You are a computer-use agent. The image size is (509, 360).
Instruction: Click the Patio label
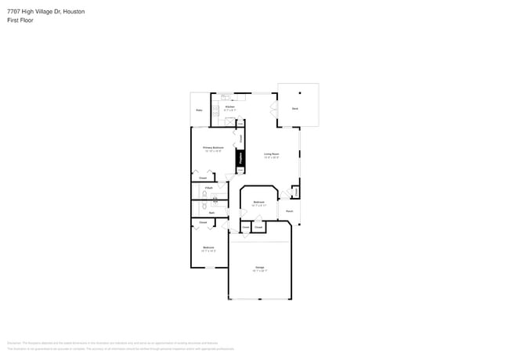[199, 110]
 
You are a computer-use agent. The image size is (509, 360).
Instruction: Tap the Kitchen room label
[229, 106]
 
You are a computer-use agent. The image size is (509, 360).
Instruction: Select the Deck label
[294, 107]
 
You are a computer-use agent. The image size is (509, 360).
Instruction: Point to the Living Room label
[272, 154]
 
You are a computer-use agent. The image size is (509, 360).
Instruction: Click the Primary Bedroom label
[214, 147]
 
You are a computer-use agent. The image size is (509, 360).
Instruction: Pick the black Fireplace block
[240, 157]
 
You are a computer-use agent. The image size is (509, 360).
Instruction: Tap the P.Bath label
[209, 188]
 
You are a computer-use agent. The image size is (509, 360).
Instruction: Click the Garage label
[259, 267]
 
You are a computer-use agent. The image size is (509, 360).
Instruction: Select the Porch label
[289, 211]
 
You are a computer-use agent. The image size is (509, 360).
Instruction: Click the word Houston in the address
[74, 12]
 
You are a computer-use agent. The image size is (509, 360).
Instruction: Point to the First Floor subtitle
[20, 20]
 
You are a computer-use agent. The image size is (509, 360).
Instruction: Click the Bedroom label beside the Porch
[259, 202]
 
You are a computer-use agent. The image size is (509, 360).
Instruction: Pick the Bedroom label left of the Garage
[208, 247]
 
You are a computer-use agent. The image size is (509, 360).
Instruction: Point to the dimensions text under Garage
[259, 271]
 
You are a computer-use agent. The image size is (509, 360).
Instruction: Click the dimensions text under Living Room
[272, 158]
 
